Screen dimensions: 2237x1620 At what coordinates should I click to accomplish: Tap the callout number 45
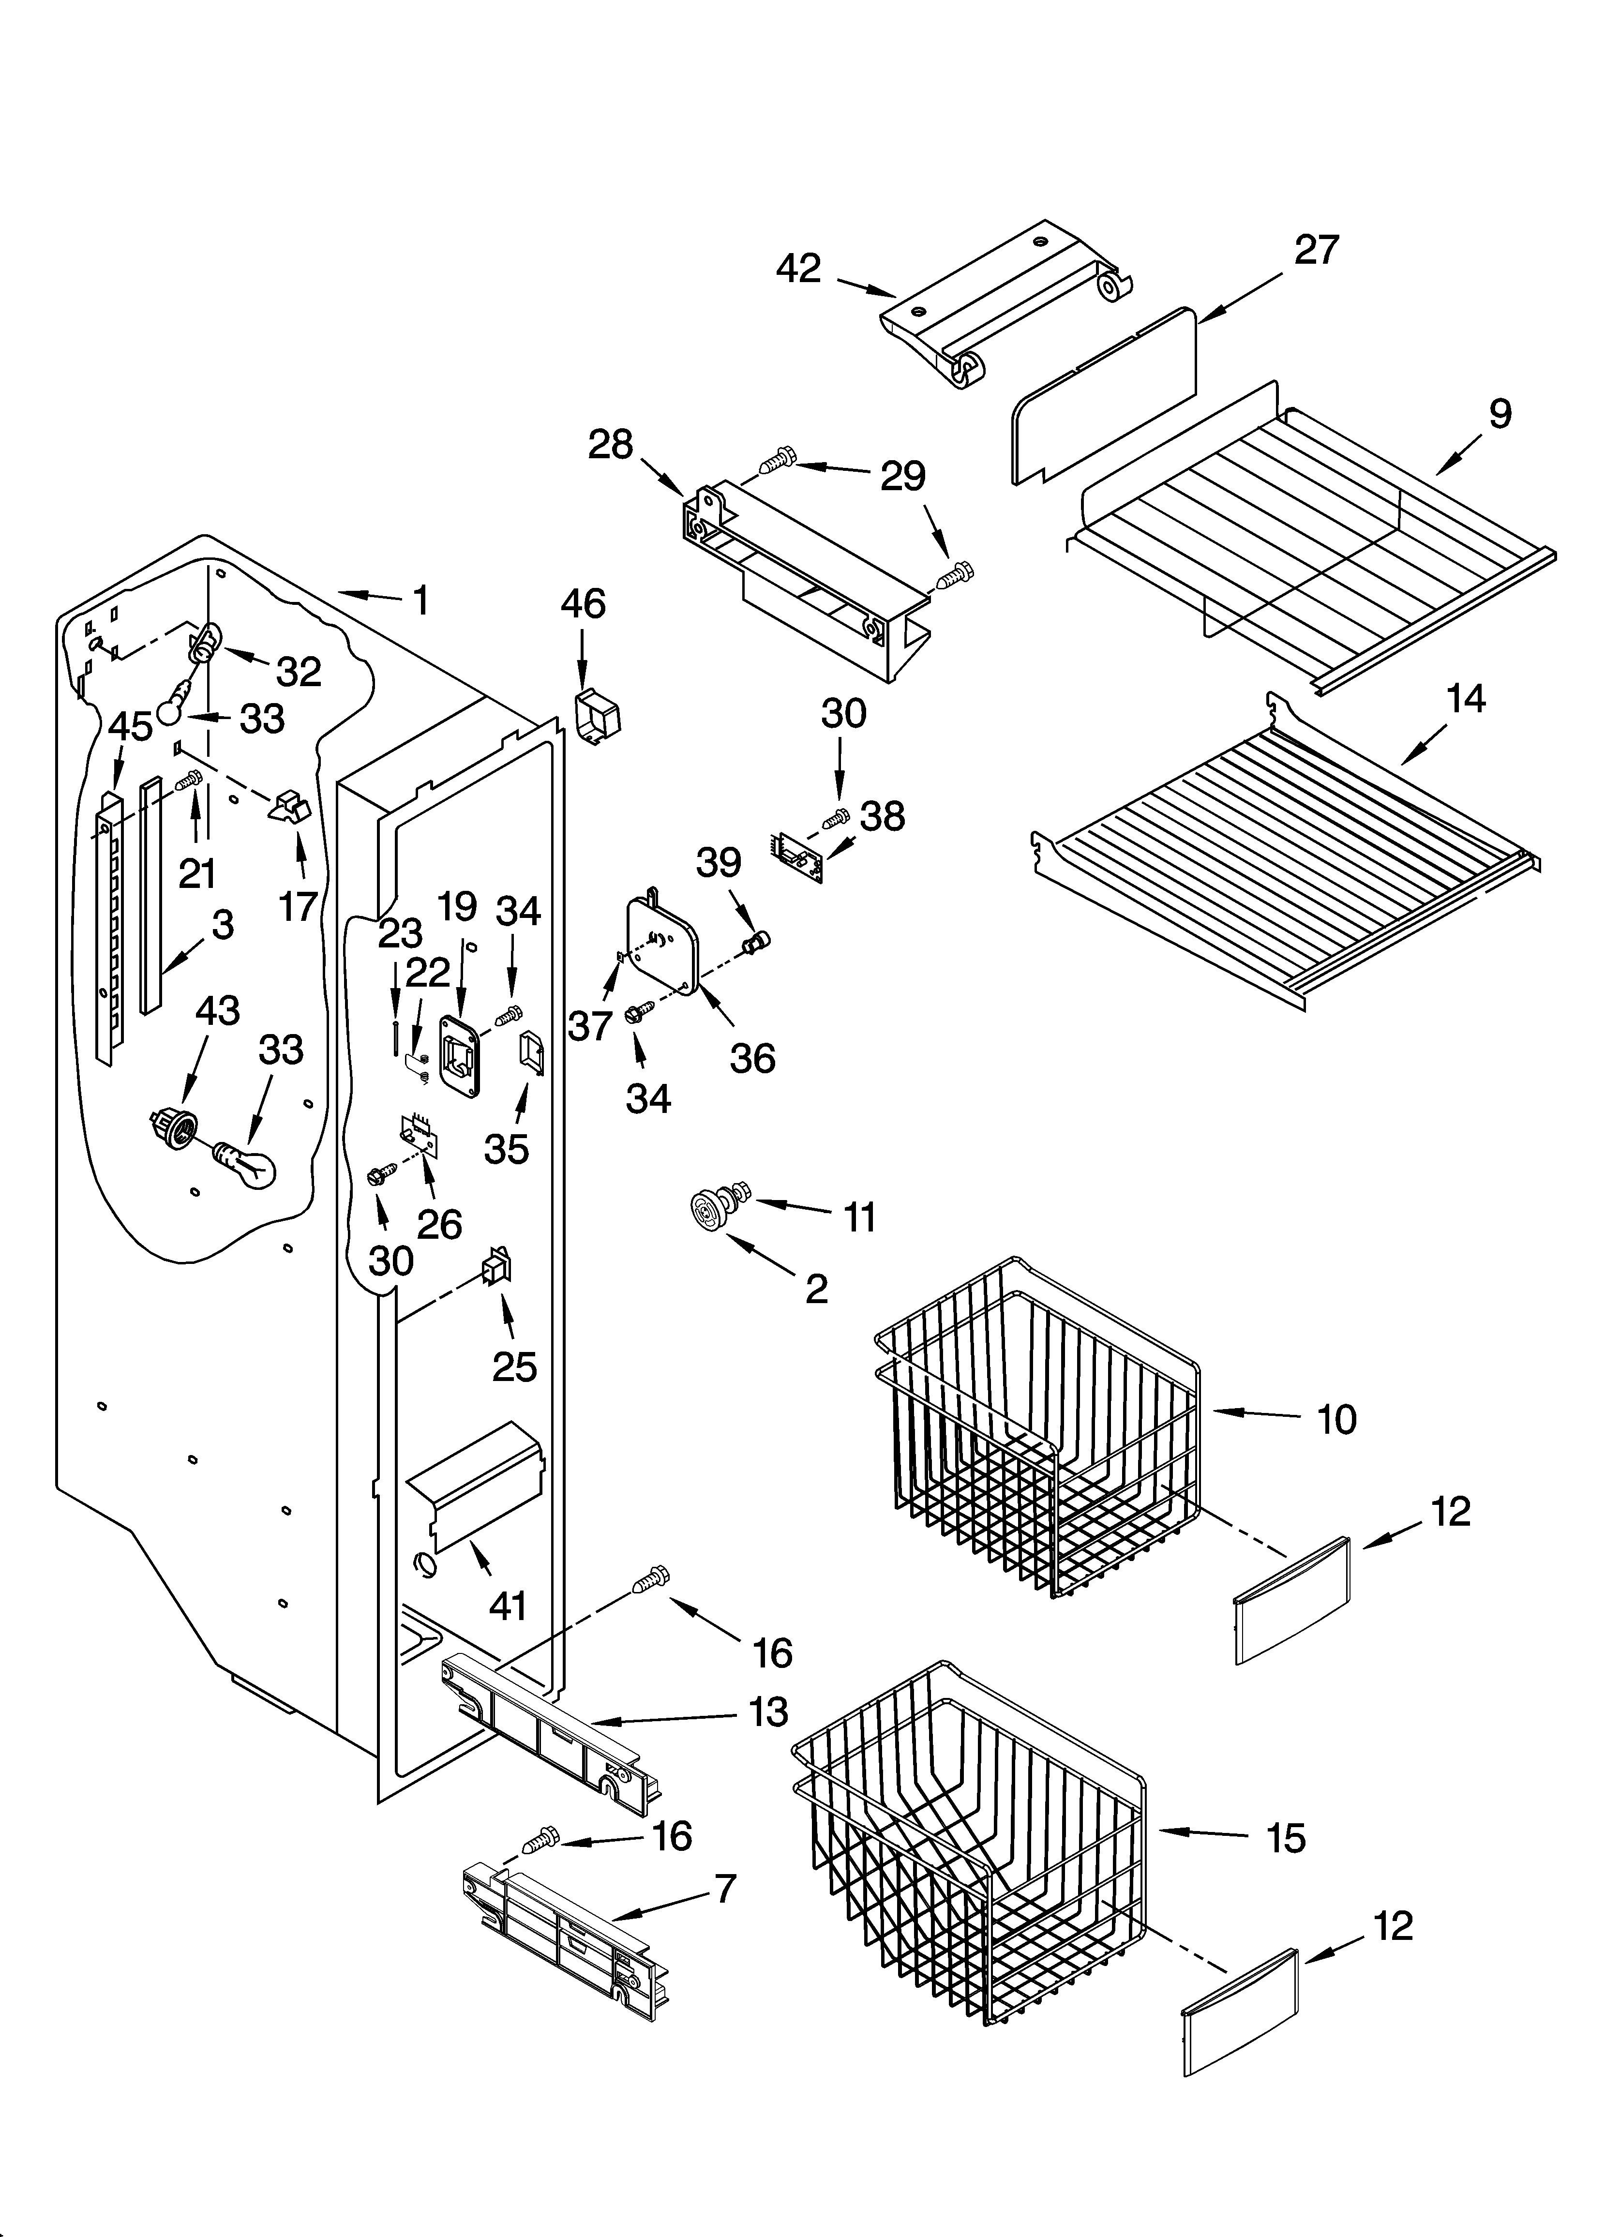coord(130,727)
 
